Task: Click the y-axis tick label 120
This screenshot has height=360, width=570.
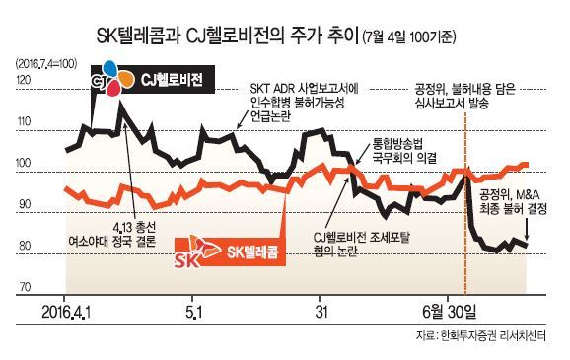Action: (24, 80)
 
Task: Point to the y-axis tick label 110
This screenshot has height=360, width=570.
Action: (24, 121)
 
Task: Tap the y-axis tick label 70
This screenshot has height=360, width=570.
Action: (25, 287)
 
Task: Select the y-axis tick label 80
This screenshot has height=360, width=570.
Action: (25, 246)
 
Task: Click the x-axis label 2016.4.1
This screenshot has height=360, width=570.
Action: (66, 312)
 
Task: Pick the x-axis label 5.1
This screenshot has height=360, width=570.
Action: (194, 312)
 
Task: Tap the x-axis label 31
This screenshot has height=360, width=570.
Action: (321, 312)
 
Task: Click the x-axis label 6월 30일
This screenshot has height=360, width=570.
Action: (450, 312)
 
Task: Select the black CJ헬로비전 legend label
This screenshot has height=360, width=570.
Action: (172, 80)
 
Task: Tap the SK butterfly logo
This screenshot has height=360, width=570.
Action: (197, 252)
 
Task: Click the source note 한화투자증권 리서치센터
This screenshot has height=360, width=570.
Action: (493, 336)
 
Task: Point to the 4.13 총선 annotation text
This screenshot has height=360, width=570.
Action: (134, 228)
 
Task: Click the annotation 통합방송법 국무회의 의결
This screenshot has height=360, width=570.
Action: (403, 151)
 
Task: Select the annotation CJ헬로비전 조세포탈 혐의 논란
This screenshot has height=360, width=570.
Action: (361, 244)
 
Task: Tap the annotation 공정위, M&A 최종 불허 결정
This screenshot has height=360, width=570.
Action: (513, 202)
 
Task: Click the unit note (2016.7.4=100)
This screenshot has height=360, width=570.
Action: (46, 64)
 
